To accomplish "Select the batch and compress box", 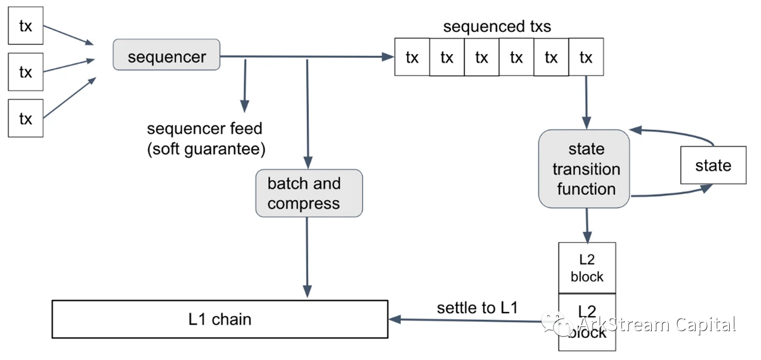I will point(309,193).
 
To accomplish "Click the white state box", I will point(713,165).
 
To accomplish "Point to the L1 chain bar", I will point(220,319).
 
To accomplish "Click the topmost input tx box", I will point(26,26).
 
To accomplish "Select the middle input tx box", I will point(26,72).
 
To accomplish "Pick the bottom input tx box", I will point(26,118).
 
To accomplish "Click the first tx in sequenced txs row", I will point(412,57).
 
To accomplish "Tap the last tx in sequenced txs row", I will point(586,57).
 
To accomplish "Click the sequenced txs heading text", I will point(497,26).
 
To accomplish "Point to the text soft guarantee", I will point(206,149).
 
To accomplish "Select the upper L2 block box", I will point(587,268).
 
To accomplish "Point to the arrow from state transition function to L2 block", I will point(586,224).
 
